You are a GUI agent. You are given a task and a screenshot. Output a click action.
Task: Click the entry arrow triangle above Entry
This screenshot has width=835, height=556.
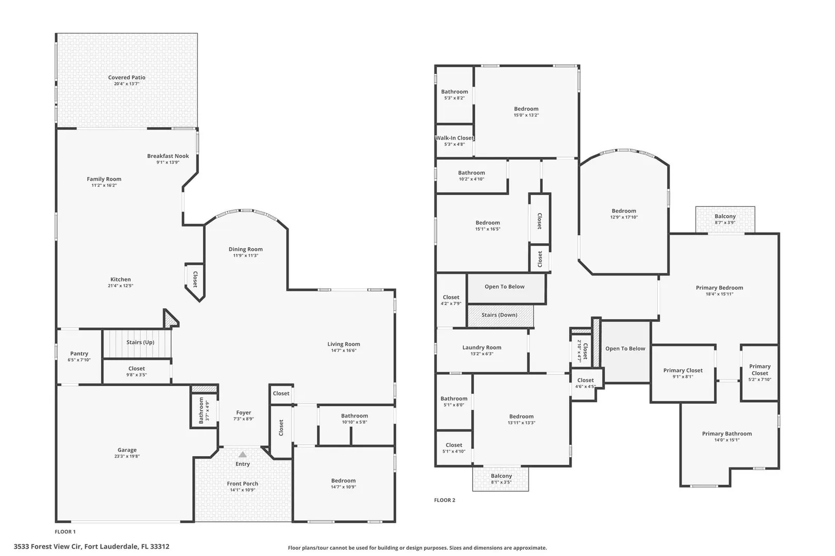point(243,455)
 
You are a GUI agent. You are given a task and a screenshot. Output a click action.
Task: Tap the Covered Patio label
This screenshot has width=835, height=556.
point(127,77)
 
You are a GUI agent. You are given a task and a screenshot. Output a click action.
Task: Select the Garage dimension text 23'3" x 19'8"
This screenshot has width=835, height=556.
point(127,456)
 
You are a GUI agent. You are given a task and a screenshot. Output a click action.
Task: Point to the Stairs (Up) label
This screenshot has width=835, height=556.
point(140,342)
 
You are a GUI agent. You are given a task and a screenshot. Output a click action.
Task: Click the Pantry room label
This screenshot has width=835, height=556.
point(79,353)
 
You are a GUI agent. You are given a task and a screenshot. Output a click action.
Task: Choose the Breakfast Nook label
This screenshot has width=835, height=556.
point(168,156)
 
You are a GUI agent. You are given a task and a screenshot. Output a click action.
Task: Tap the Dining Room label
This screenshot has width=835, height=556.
point(246,249)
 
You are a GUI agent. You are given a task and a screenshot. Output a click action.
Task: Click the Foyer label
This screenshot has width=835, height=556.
point(243,413)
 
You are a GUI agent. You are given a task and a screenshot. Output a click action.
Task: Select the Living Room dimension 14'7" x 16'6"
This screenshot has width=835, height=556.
point(344,351)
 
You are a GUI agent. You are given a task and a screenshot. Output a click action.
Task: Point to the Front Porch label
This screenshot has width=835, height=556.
point(242,484)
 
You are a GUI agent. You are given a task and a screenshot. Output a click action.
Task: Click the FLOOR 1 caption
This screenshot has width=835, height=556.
point(65,532)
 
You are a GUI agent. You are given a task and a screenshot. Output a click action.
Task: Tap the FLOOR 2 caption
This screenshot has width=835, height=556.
point(445,500)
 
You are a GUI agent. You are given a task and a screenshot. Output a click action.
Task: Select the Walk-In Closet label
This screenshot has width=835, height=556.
point(455,138)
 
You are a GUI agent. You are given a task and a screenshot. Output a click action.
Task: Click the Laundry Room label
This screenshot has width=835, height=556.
point(481,347)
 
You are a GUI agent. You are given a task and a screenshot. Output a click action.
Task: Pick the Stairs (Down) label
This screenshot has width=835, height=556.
point(499,315)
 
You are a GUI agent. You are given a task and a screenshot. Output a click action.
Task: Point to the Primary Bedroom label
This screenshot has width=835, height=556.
point(720,287)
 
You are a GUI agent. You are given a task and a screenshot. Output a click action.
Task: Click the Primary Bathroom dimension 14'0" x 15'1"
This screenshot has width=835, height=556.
point(727,440)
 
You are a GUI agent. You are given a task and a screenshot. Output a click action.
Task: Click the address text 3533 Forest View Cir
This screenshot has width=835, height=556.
point(47,547)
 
